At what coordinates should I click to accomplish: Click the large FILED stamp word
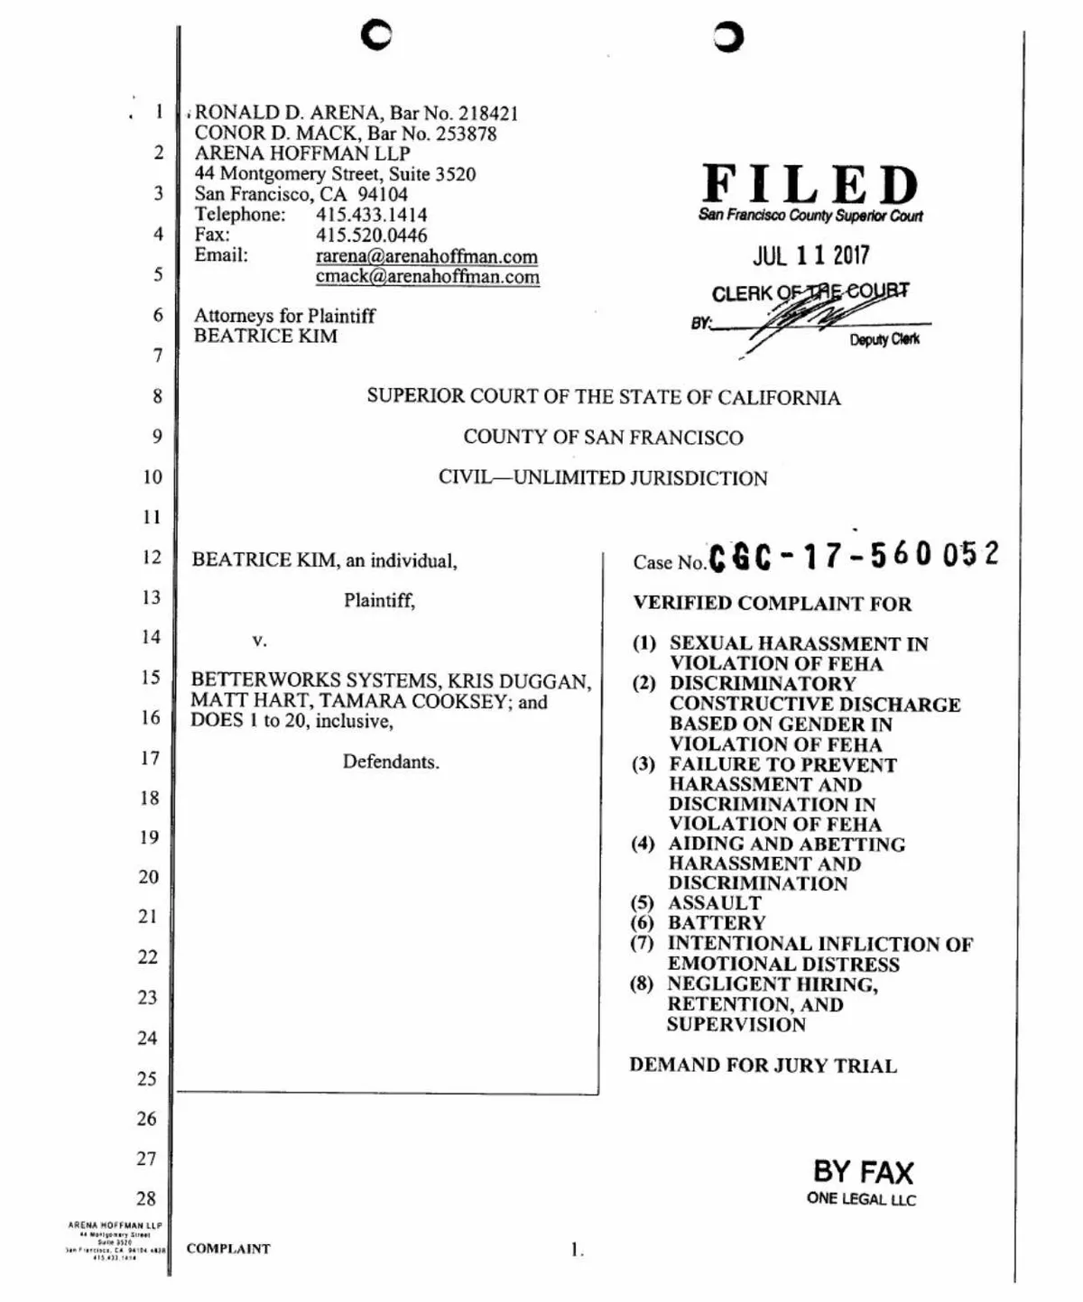pos(810,185)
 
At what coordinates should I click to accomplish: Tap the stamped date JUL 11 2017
pos(810,255)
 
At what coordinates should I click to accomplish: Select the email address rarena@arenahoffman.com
pos(426,257)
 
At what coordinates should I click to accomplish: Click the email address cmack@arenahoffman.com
pos(427,277)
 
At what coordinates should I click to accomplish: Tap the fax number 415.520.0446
pos(371,235)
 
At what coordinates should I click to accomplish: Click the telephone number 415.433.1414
pos(371,215)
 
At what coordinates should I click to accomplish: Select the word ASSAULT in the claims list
pos(714,903)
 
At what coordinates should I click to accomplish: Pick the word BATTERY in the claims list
pos(716,923)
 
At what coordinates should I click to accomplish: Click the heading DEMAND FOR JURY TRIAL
pos(763,1066)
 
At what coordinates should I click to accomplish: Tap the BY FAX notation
pos(863,1172)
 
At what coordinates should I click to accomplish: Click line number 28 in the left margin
pos(146,1199)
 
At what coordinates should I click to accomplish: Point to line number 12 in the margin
pos(151,558)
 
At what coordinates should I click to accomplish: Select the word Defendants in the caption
pos(391,762)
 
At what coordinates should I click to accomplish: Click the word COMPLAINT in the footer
pos(228,1249)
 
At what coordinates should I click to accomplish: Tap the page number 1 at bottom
pos(576,1250)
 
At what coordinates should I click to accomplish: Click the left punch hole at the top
pos(375,35)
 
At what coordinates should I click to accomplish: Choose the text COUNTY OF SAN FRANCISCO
pos(603,438)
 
